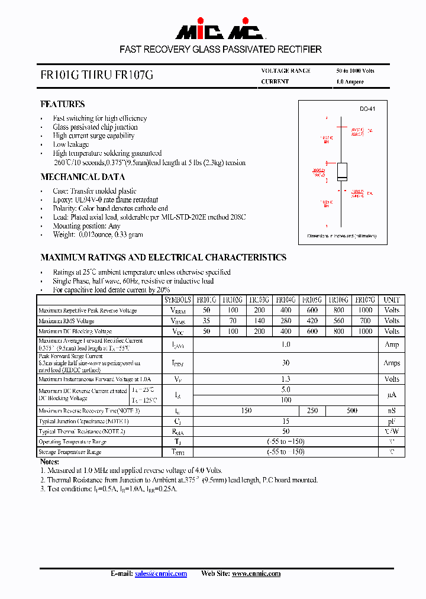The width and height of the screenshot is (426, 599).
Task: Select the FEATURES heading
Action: [x=62, y=104]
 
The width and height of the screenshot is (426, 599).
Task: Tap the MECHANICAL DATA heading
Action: [x=82, y=177]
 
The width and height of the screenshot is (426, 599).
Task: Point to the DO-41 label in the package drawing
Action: [x=367, y=109]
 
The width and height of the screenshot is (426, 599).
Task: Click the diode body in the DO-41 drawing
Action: [x=342, y=172]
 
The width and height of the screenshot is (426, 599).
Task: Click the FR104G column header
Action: [x=285, y=300]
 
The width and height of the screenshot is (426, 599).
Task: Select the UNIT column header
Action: [x=392, y=300]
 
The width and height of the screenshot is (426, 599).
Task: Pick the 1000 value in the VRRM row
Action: [x=365, y=310]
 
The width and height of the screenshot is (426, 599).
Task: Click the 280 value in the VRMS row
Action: [x=285, y=321]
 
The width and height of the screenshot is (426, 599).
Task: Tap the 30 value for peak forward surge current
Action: [x=286, y=363]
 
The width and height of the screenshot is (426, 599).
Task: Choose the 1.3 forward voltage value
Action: [x=286, y=379]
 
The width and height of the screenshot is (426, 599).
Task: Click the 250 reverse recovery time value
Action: [x=312, y=411]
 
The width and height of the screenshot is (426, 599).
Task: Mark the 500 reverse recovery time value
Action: [x=352, y=411]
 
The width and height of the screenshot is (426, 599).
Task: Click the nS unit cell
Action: [x=392, y=411]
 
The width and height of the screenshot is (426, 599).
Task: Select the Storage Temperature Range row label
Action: [x=70, y=452]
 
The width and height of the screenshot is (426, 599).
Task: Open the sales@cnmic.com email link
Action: [x=160, y=574]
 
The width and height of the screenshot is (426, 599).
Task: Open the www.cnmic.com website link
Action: [x=256, y=574]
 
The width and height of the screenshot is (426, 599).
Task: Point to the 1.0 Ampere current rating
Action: [x=350, y=82]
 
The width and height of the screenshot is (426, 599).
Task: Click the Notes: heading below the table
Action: [x=49, y=462]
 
